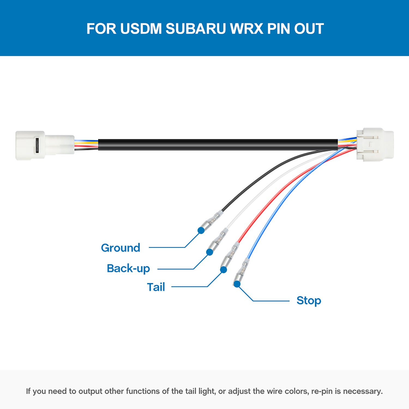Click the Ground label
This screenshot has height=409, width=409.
pos(121,248)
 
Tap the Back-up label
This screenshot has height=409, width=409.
pos(128,269)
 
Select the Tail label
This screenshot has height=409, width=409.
pos(156,287)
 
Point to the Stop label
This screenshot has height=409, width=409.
pos(309,301)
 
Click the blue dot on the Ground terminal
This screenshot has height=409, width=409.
pos(201,230)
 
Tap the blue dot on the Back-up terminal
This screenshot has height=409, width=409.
pos(209,252)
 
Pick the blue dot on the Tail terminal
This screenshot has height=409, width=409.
pos(223,270)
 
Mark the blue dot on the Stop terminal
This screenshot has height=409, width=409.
pos(237,284)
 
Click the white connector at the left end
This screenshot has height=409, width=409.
pos(45,145)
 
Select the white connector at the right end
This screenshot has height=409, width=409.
pos(375,144)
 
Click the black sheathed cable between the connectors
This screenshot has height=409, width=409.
pos(218,145)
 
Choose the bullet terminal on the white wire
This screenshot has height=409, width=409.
pos(218,241)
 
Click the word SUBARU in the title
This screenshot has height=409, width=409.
pos(196,29)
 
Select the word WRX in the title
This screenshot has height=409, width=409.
pos(247,29)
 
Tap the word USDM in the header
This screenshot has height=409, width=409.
pos(141,29)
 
